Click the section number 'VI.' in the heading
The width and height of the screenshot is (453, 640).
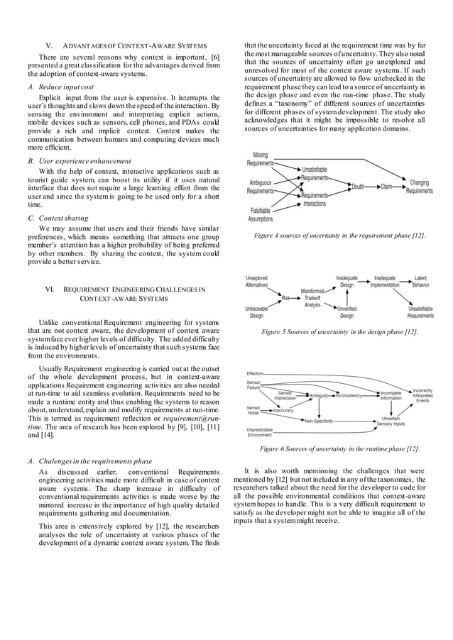click(51, 289)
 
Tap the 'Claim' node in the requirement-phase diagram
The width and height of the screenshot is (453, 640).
click(386, 187)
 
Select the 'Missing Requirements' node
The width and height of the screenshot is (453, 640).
click(260, 159)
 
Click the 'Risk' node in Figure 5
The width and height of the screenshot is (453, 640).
click(287, 298)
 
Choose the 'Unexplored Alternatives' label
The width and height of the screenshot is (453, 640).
click(256, 282)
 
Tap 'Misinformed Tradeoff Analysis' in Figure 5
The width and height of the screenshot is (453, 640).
click(312, 298)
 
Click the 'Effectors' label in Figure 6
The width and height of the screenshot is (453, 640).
click(255, 373)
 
